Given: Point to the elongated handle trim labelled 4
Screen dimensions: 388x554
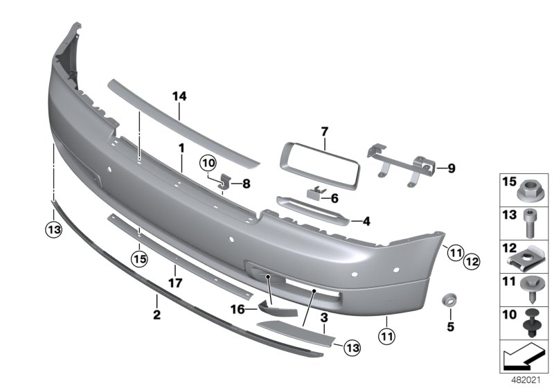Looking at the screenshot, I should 312,209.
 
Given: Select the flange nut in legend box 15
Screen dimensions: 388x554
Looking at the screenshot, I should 528,188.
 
